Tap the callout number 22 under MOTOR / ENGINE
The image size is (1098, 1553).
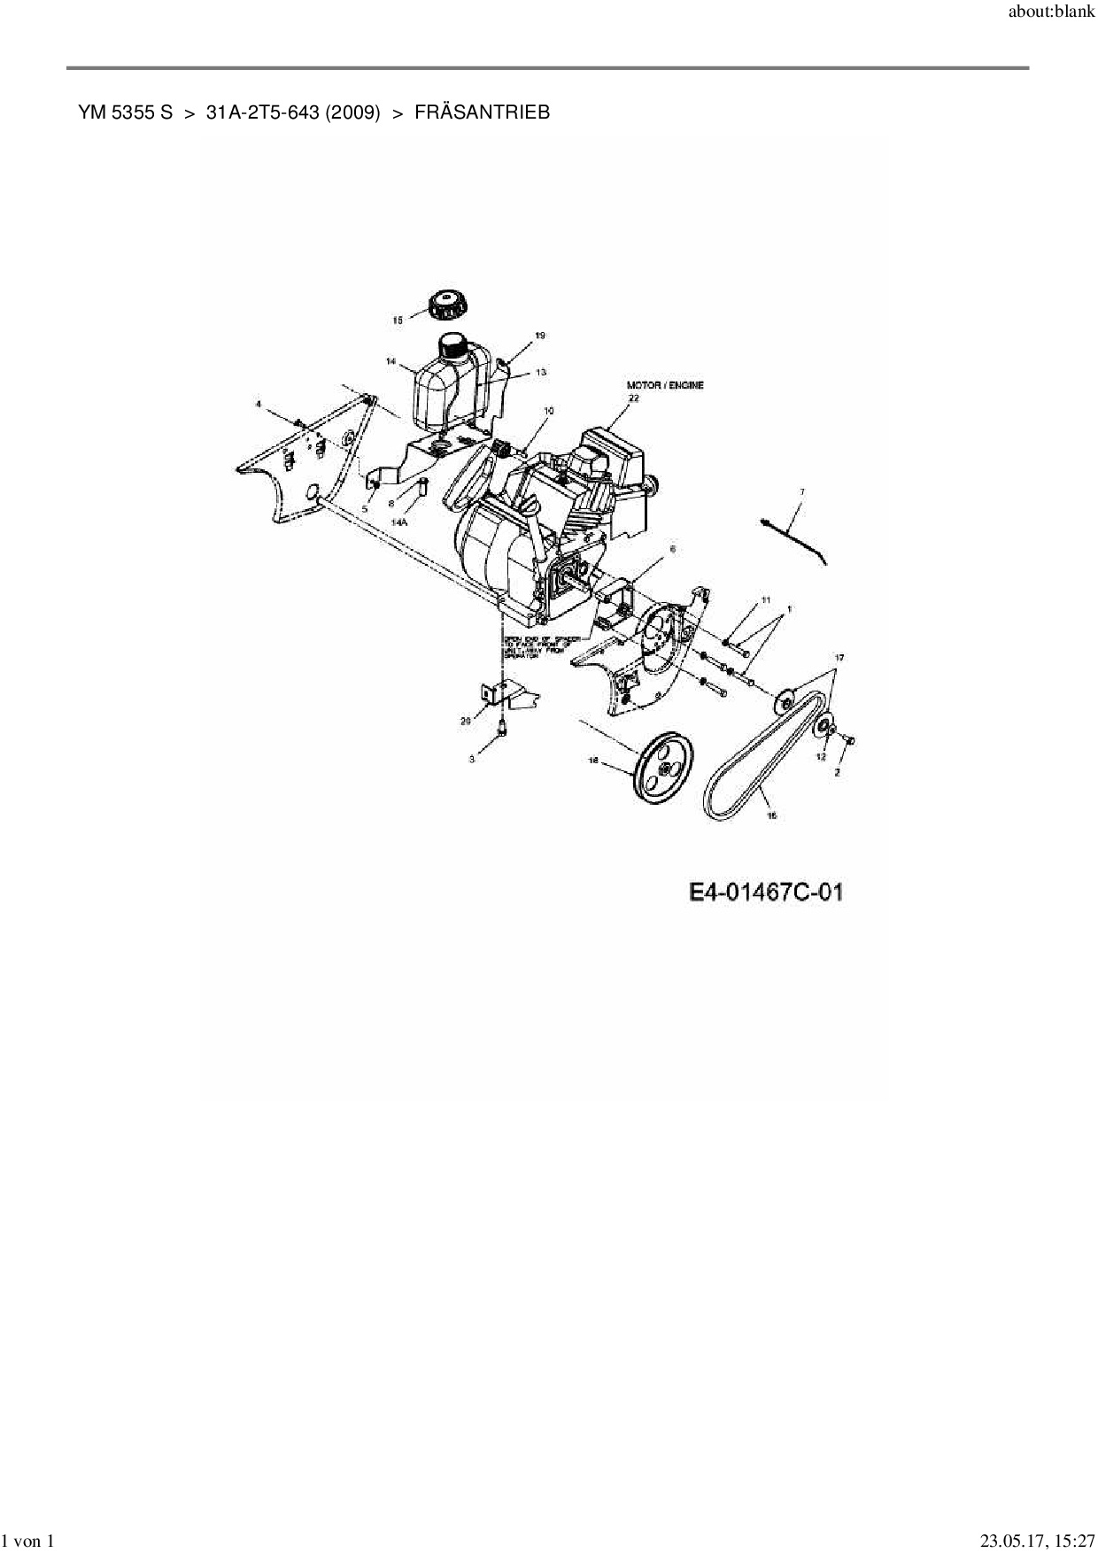[633, 398]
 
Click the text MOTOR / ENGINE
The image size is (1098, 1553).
[665, 386]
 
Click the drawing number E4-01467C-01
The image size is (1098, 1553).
[766, 892]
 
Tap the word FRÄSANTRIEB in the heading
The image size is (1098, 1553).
[482, 112]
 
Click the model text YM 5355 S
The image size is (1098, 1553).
[125, 112]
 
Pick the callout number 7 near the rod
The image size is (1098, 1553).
[802, 491]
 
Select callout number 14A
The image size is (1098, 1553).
[400, 523]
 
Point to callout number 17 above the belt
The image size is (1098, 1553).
[839, 657]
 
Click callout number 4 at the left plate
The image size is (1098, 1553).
[259, 404]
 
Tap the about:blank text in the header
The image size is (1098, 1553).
[1052, 13]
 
